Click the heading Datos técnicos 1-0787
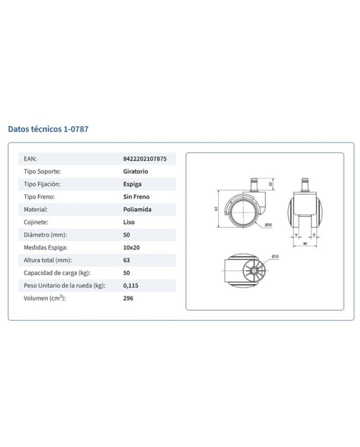(x=48, y=129)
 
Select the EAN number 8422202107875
(x=145, y=159)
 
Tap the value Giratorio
(x=135, y=171)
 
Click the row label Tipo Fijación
(x=42, y=184)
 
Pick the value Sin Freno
(x=136, y=196)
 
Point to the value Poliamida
(x=137, y=209)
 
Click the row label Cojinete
(x=36, y=222)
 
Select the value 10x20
(x=132, y=247)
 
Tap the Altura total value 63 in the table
(x=127, y=260)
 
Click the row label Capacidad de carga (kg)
(x=57, y=273)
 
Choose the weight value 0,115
(x=131, y=285)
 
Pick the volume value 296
(x=128, y=298)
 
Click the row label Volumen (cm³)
(x=45, y=298)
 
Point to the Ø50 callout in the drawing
(x=268, y=225)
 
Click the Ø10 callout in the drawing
(x=275, y=256)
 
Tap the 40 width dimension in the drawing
(x=305, y=244)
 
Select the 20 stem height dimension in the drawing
(x=271, y=184)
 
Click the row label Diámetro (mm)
(x=45, y=235)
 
